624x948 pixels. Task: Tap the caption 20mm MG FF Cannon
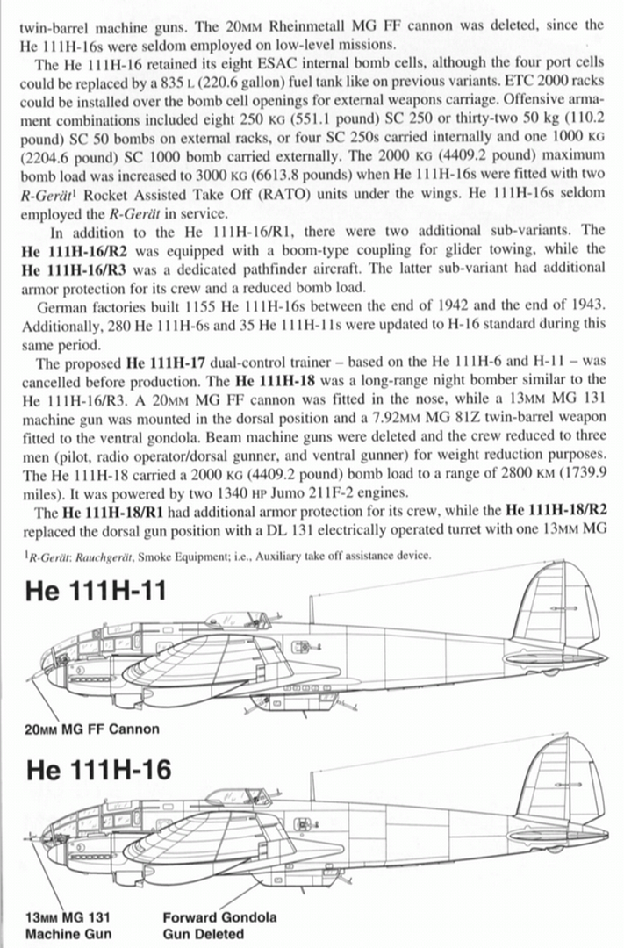(x=92, y=729)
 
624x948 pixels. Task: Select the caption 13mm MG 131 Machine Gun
(x=68, y=925)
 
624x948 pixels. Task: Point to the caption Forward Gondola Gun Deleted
(x=219, y=925)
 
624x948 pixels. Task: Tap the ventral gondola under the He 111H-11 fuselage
(x=285, y=700)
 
